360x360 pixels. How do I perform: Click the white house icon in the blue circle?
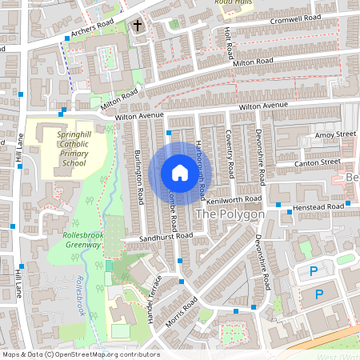click(x=180, y=173)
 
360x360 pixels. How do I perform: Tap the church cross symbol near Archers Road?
click(x=137, y=26)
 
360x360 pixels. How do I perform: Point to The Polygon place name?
click(x=230, y=215)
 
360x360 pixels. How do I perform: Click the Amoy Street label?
click(x=334, y=135)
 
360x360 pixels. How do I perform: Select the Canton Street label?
click(x=318, y=162)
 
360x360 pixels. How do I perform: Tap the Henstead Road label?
click(x=318, y=206)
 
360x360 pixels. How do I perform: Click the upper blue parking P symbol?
click(x=313, y=273)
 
